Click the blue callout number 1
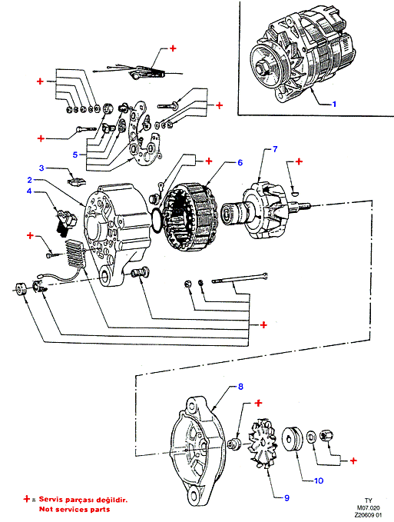point(334,105)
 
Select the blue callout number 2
point(30,180)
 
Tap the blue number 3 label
point(41,168)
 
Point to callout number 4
point(29,191)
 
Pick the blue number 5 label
point(75,155)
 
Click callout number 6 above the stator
point(240,162)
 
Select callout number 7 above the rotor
point(275,149)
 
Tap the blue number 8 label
point(240,387)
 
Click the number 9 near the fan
point(287,498)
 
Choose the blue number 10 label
point(319,480)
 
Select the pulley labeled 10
point(293,440)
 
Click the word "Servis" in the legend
point(51,500)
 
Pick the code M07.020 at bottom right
point(368,508)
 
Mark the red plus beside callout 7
point(299,161)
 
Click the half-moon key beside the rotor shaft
point(295,191)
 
